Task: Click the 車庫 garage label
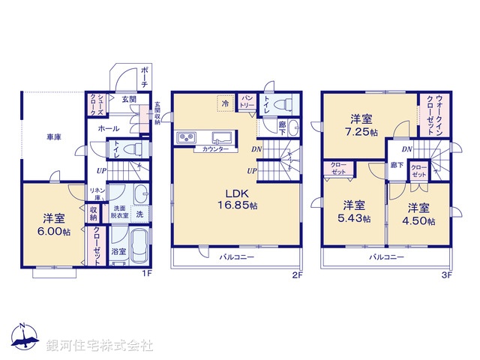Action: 53,137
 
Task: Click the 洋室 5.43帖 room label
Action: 354,211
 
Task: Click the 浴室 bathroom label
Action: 118,252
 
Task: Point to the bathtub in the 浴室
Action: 139,244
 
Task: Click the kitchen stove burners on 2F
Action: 186,138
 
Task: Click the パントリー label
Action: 247,99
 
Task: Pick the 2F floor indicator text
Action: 296,274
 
